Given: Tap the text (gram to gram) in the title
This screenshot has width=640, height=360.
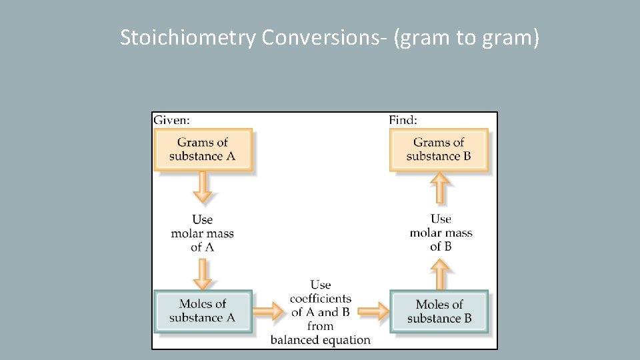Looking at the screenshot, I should click(x=466, y=39).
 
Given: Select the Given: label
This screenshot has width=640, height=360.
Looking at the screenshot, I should click(x=171, y=121).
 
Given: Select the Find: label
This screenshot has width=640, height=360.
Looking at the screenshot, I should click(x=403, y=121).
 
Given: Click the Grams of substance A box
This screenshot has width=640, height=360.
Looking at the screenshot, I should click(x=203, y=149).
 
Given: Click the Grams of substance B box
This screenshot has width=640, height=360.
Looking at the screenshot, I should click(x=439, y=149).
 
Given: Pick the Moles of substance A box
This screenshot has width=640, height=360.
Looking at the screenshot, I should click(x=203, y=311).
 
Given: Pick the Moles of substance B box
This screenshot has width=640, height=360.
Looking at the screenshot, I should click(x=439, y=311).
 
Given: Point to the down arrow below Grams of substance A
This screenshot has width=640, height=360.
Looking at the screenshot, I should click(x=203, y=189).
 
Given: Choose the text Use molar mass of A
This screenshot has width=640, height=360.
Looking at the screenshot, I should click(x=203, y=233).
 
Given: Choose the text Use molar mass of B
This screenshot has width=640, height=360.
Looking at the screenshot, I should click(x=441, y=233).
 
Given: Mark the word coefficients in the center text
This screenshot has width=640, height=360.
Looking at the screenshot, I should click(x=321, y=299).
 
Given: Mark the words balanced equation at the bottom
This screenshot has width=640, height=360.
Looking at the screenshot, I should click(x=321, y=340).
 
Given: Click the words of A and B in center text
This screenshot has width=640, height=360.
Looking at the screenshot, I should click(x=321, y=312).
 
